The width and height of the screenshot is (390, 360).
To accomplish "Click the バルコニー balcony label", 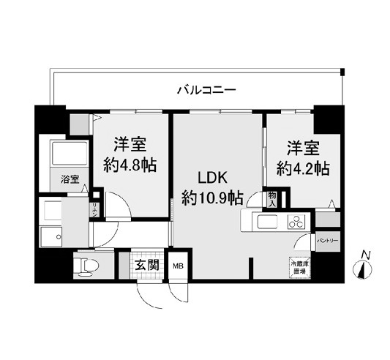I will (x=206, y=91).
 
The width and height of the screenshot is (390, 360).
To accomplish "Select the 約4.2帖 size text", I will (x=302, y=168).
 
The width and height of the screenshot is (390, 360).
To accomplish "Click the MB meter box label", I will (x=178, y=266).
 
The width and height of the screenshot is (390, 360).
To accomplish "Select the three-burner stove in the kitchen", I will (x=296, y=221).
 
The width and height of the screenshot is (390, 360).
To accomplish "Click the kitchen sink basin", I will (x=264, y=221).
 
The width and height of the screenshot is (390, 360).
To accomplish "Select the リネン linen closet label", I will (x=95, y=210).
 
